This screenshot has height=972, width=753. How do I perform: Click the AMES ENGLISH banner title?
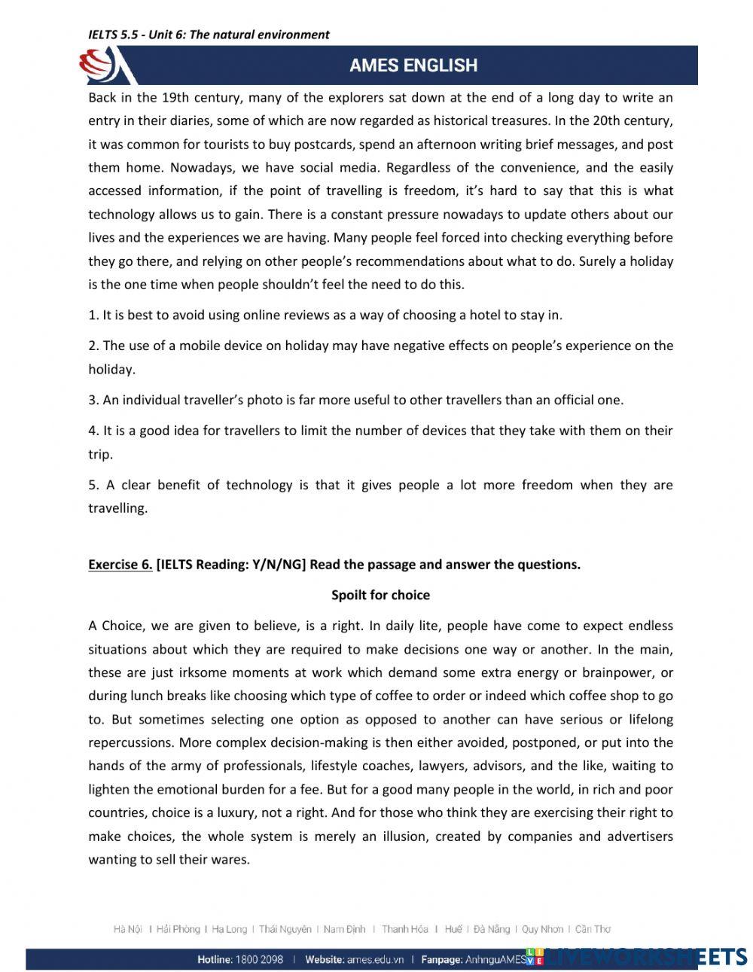(x=413, y=66)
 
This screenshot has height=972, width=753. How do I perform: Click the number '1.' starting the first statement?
(x=93, y=315)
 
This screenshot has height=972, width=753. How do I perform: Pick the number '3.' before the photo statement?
(x=93, y=400)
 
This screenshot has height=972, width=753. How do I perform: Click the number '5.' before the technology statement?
(x=93, y=485)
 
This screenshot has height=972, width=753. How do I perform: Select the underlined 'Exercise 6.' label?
(x=120, y=565)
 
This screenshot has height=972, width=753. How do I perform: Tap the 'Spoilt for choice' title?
(x=380, y=595)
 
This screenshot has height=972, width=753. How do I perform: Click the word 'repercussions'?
(x=132, y=742)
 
